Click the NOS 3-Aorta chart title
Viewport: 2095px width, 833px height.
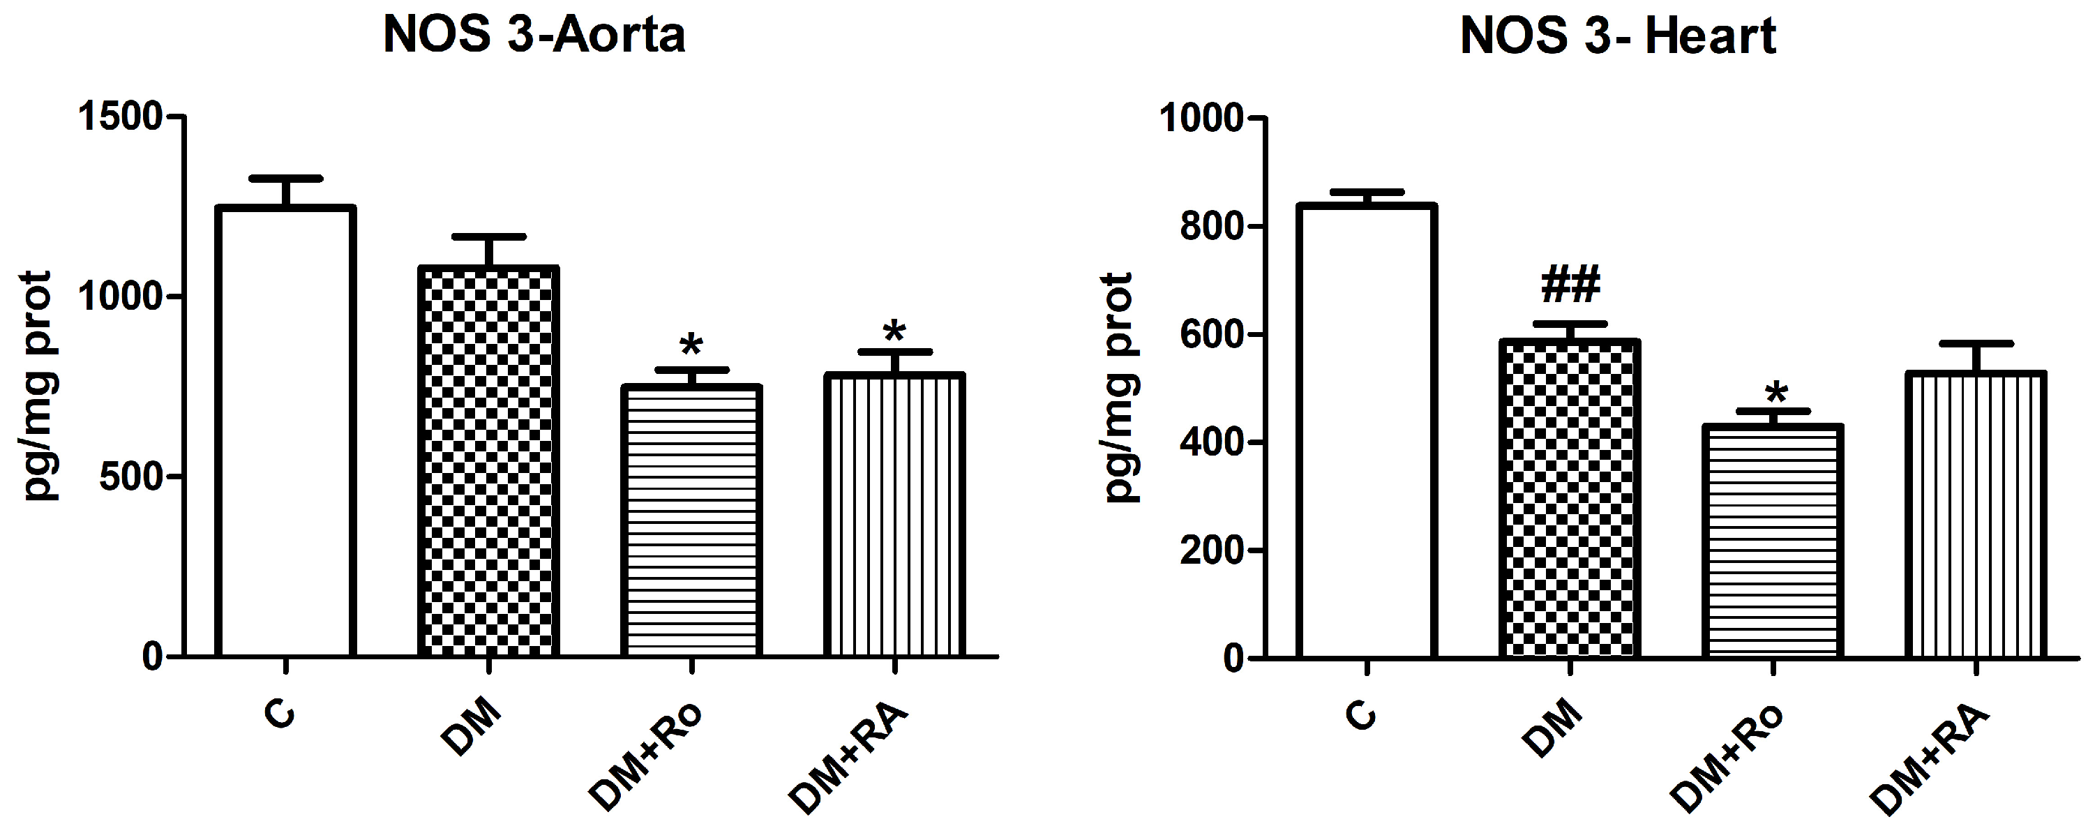pyautogui.click(x=534, y=36)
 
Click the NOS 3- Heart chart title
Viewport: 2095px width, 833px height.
pyautogui.click(x=1618, y=36)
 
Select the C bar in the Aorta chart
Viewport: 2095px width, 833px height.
pyautogui.click(x=285, y=431)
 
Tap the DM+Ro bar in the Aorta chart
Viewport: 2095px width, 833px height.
pyautogui.click(x=691, y=520)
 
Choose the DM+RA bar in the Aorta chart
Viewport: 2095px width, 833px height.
pyautogui.click(x=894, y=515)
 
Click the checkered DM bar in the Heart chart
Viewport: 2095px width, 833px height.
pyautogui.click(x=1570, y=498)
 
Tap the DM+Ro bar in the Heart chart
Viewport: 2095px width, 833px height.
pyautogui.click(x=1773, y=540)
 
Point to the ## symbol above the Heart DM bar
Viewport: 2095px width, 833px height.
pyautogui.click(x=1570, y=284)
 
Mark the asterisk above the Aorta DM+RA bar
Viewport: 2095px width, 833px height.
pyautogui.click(x=894, y=331)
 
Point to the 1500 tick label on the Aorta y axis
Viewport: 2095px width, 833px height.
pyautogui.click(x=119, y=117)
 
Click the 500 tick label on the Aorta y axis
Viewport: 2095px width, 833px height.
pyautogui.click(x=130, y=476)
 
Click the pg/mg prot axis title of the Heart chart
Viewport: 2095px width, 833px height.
pyautogui.click(x=1119, y=387)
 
